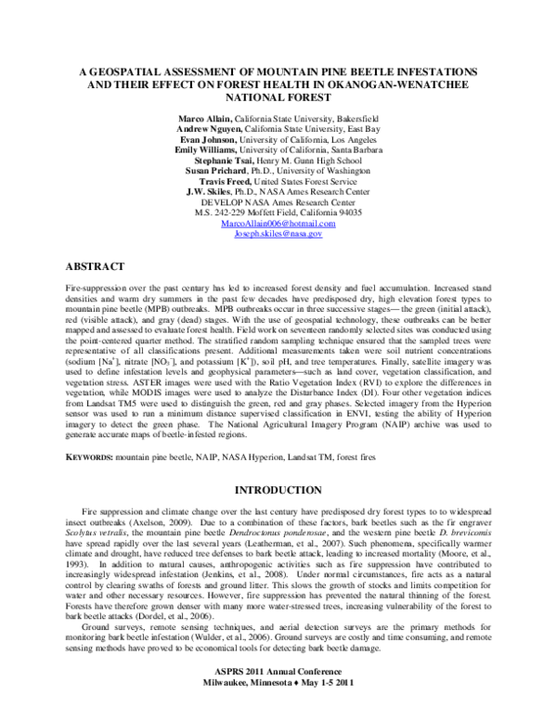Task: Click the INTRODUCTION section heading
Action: click(x=278, y=489)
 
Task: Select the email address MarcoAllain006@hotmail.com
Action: click(x=278, y=225)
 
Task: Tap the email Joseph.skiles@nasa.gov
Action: click(x=278, y=235)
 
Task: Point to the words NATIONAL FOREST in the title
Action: click(x=278, y=96)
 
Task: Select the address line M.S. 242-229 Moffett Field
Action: click(x=278, y=213)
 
